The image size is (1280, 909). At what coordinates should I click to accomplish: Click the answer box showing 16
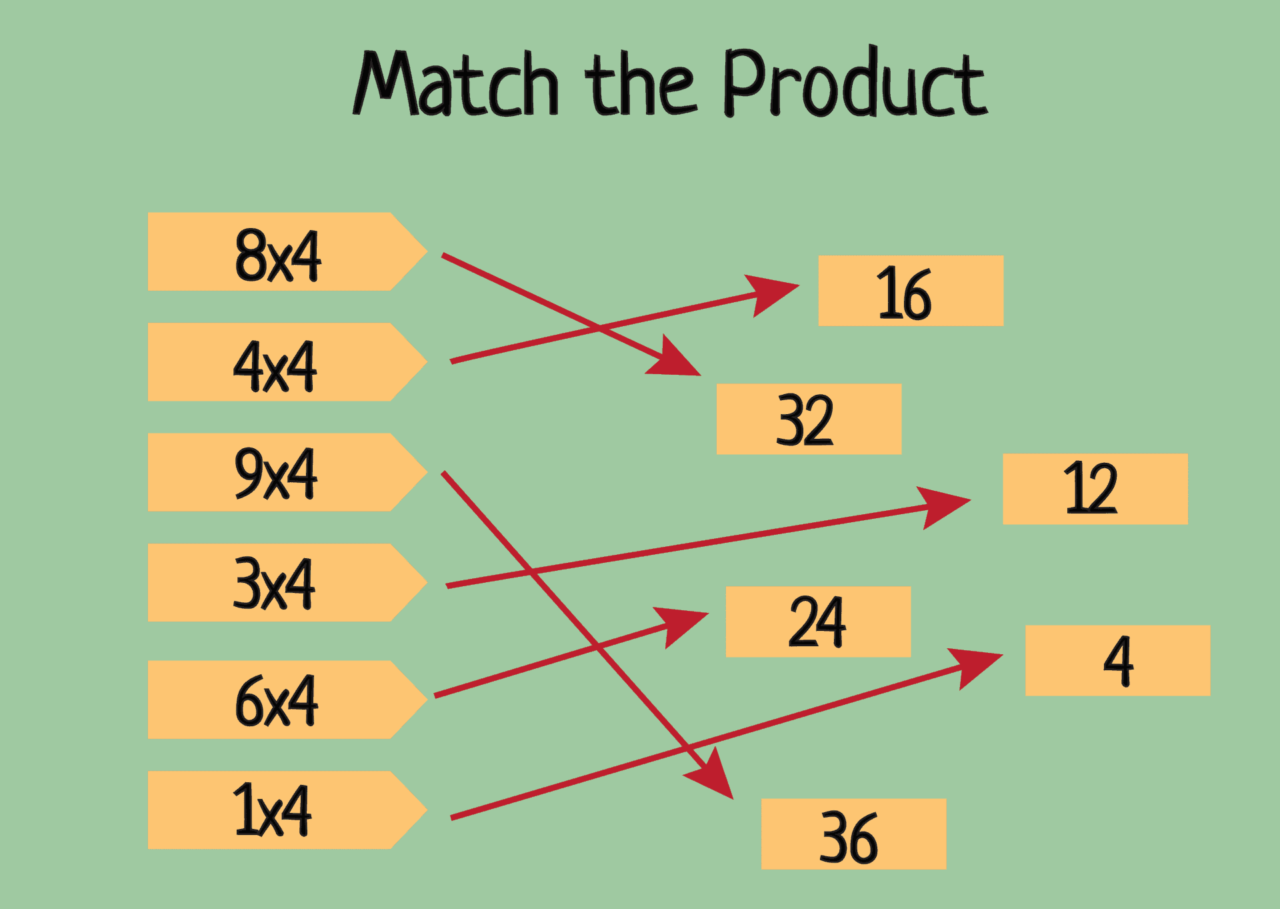point(911,291)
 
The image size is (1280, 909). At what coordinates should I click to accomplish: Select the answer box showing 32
point(809,419)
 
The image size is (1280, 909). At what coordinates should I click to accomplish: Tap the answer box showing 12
point(1095,489)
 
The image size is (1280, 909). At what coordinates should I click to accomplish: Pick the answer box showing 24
point(818,622)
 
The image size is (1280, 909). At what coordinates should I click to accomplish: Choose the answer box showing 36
point(853,834)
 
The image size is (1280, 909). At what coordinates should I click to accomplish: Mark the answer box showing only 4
point(1117,660)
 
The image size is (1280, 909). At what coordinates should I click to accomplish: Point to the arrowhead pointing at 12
point(943,505)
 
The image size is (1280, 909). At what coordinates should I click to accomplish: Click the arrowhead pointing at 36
point(713,775)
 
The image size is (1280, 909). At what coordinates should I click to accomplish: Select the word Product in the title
point(854,83)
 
